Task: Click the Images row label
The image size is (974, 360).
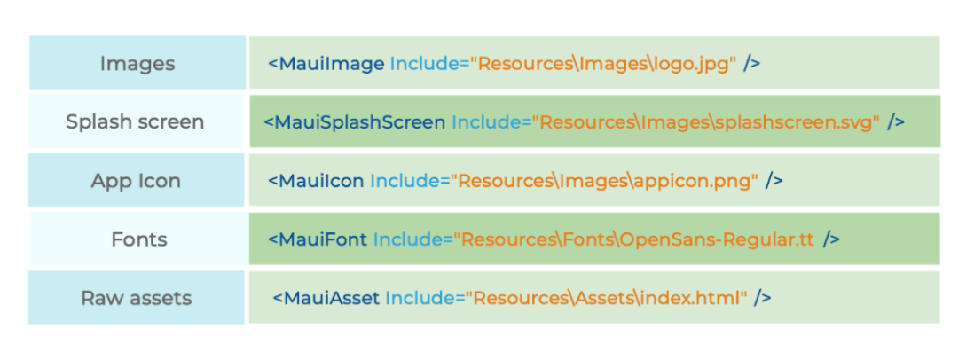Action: pos(137,63)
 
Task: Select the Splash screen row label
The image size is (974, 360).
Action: pos(135,121)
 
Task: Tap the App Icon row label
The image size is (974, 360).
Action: pos(136,181)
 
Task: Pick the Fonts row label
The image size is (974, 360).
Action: pos(139,239)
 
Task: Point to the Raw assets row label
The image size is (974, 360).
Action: pos(136,298)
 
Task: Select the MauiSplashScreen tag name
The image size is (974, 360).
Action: pos(355,122)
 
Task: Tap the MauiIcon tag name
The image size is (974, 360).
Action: pos(317,181)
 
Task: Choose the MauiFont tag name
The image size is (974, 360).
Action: pos(318,239)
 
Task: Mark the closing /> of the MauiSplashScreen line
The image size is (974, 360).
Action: pos(896,122)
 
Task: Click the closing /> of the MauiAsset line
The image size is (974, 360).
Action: pos(763,298)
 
